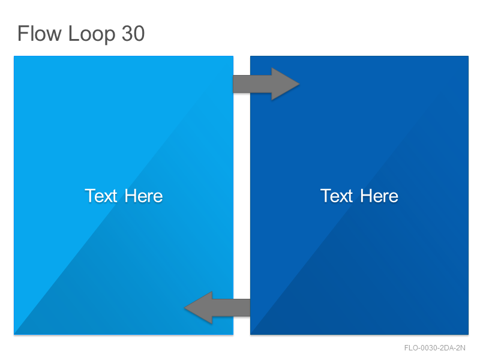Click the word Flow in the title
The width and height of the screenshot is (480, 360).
pos(40,34)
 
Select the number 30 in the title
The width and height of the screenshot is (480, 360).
pos(133,34)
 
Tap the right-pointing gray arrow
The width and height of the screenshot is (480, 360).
pos(266,84)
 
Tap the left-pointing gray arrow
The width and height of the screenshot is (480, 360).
pos(217,308)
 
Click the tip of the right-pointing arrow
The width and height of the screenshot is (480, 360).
pos(299,84)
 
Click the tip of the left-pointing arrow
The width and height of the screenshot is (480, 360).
pos(185,308)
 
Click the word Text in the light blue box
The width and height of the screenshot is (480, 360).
pos(101,196)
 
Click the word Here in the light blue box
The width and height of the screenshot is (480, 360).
pos(143,196)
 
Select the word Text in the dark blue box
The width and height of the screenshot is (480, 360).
pos(337,196)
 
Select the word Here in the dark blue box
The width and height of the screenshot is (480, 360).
pos(379,196)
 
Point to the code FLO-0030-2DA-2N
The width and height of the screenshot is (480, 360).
pos(434,348)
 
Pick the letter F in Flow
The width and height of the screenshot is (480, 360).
pos(23,34)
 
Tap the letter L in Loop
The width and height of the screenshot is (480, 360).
pos(73,34)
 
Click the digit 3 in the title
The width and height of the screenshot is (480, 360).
pos(127,34)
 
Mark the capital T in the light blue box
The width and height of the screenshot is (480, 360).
pos(91,196)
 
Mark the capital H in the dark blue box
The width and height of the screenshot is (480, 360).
pos(367,196)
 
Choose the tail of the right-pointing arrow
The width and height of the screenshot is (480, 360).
pos(234,84)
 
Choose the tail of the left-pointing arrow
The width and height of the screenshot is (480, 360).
pos(250,308)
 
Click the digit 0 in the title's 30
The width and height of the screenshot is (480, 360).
pos(139,34)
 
